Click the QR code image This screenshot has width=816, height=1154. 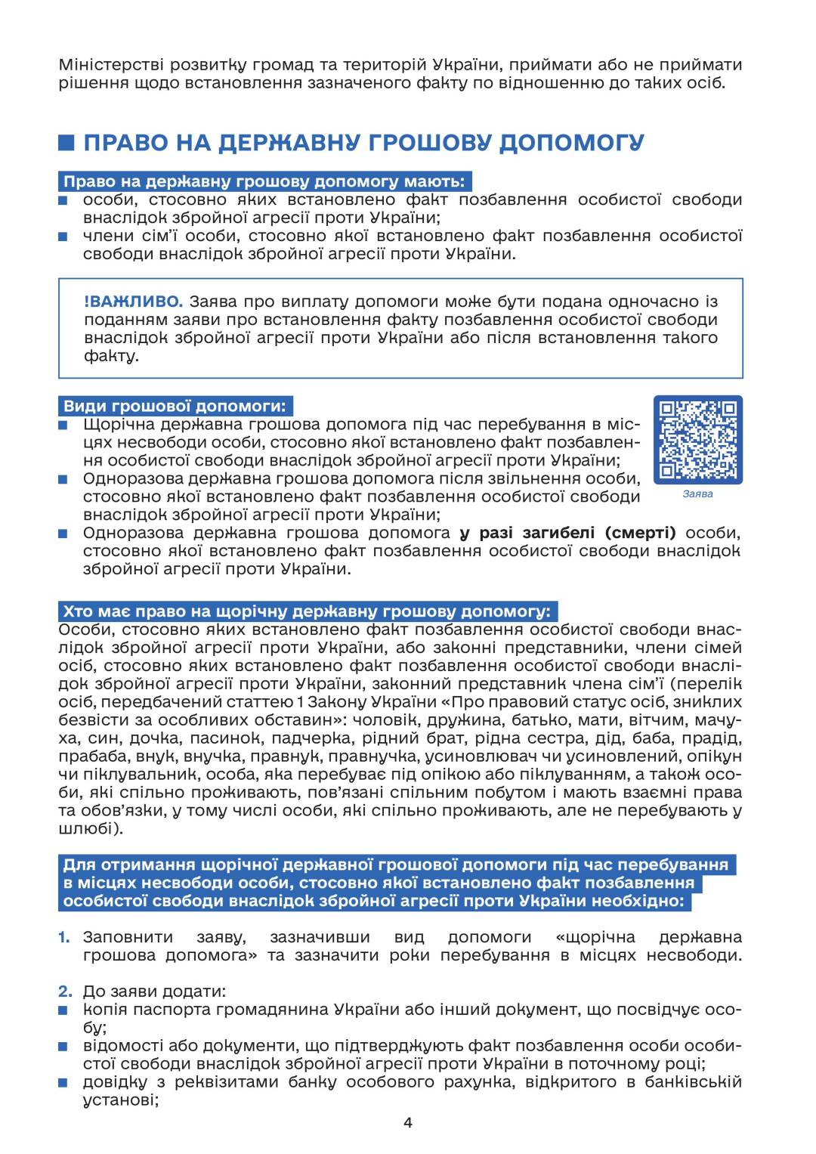[x=697, y=439]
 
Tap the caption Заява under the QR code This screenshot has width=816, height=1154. [x=697, y=494]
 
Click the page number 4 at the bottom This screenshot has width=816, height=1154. [x=408, y=1122]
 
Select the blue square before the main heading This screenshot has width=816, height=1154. [x=66, y=143]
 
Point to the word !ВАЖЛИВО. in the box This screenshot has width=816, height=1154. [x=133, y=302]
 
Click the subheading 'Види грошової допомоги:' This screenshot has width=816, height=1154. [x=175, y=406]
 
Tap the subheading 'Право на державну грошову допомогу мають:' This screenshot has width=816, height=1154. [x=264, y=181]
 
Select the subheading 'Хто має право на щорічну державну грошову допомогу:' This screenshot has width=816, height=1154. [x=308, y=611]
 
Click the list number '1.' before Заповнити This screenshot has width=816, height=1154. [x=64, y=937]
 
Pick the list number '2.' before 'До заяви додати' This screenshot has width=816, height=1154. [x=65, y=991]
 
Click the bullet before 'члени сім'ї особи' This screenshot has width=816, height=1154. [x=64, y=237]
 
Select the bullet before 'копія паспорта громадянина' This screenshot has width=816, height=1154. [x=64, y=1010]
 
